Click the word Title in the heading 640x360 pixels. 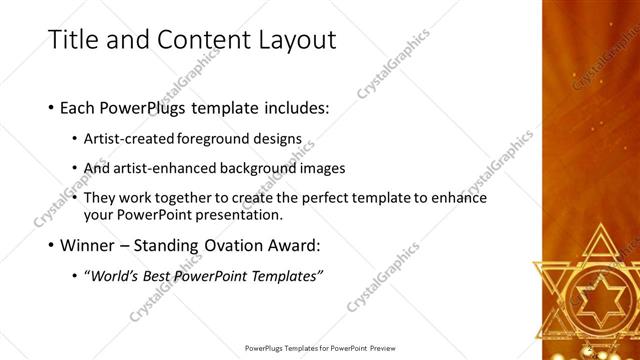coord(74,40)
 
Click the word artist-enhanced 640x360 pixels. coord(165,168)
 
